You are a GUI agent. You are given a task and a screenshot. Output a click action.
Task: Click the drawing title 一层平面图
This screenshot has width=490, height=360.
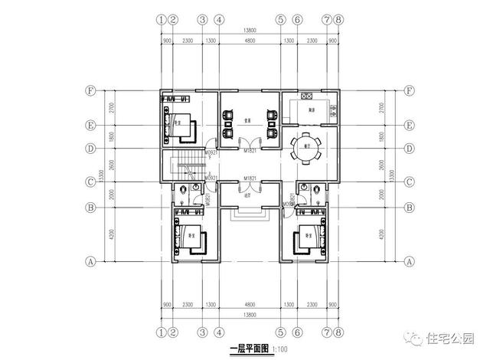coord(248,349)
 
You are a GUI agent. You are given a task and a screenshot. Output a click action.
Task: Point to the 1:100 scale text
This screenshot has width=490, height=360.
coord(280,349)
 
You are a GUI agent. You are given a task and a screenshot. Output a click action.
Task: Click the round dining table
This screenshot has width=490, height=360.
coord(309,152)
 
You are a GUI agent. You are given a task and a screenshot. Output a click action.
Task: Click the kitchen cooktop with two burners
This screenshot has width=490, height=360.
coord(307,97)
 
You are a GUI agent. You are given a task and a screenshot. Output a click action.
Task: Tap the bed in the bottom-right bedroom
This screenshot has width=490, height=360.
coord(308,236)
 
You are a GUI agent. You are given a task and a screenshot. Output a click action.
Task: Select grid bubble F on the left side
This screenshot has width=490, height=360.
coord(91,90)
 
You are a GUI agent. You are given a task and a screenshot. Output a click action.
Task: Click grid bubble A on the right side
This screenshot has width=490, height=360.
coord(410,260)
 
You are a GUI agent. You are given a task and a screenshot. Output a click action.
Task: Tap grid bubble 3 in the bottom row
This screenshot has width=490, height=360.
coord(202,332)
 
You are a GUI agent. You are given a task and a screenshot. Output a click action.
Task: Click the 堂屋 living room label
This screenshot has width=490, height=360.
coord(249,120)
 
